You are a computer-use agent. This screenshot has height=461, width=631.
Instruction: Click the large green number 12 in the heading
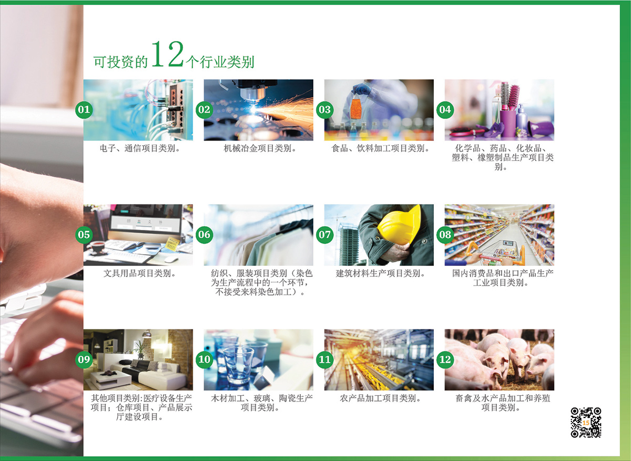pos(168,54)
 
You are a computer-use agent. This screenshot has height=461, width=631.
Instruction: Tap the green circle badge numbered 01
pos(84,109)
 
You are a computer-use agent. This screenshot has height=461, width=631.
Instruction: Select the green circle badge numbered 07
pos(325,234)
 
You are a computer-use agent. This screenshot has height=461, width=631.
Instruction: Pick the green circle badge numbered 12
pos(445,359)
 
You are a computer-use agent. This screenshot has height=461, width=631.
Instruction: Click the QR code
pos(586,423)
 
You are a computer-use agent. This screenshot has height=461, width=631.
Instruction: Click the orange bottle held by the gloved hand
pos(356,107)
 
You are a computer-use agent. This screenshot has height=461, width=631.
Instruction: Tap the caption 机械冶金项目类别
pos(260,148)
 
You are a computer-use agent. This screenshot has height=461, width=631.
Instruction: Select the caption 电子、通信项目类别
pos(140,148)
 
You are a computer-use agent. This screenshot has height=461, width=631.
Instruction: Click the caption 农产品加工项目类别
pos(380,398)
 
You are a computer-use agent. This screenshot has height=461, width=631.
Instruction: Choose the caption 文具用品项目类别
pos(140,273)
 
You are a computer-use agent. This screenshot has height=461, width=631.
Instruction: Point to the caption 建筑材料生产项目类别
pos(380,273)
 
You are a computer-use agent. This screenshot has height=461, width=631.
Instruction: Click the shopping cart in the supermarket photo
pos(496,253)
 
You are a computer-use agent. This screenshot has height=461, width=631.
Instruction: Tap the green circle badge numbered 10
pos(204,359)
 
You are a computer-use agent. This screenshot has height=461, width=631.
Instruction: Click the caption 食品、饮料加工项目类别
pos(380,148)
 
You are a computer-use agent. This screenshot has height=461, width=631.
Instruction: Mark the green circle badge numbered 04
pos(445,109)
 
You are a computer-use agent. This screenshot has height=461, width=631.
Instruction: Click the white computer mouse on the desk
pos(171,259)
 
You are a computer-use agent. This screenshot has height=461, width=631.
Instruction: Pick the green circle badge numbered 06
pos(204,234)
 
